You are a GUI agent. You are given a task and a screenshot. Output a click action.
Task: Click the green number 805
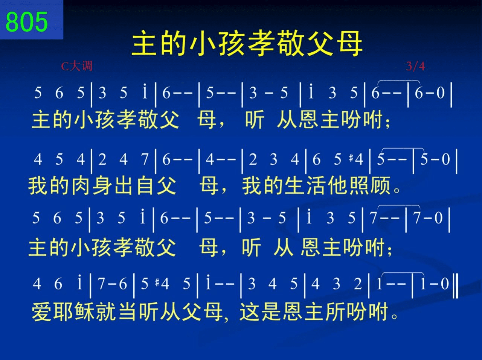[x=27, y=22]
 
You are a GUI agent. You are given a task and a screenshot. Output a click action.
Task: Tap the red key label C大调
[x=77, y=66]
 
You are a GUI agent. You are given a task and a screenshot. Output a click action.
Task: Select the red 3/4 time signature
[x=415, y=66]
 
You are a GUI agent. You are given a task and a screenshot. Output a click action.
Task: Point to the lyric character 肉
[x=81, y=186]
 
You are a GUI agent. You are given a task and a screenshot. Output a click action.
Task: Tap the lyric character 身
[x=102, y=186]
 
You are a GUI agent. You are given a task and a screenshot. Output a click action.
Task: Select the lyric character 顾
[x=381, y=186]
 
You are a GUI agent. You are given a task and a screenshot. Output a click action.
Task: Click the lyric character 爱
[x=41, y=312]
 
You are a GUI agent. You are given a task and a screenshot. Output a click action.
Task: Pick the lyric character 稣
[x=84, y=312]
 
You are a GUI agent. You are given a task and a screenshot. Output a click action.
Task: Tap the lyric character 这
[x=249, y=312]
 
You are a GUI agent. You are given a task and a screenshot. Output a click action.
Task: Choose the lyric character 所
[x=335, y=312]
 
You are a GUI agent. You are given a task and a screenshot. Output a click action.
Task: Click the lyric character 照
[x=359, y=186]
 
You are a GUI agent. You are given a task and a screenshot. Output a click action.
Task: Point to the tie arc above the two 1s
[x=403, y=273]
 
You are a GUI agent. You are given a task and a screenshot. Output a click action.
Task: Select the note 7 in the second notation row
[x=145, y=159]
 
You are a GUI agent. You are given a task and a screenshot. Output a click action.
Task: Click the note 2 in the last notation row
[x=358, y=284]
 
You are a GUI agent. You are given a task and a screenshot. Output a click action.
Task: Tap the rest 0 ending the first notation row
[x=441, y=93]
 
